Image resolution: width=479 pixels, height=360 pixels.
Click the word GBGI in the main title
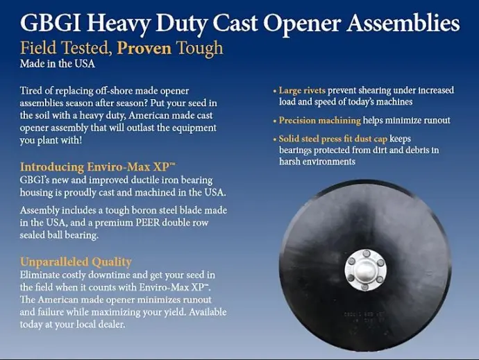(51, 23)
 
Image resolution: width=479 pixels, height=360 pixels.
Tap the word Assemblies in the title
(403, 23)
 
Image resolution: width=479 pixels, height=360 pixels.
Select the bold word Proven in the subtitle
(144, 49)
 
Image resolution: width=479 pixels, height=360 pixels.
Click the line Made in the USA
(58, 64)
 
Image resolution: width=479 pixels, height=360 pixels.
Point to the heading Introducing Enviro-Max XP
(98, 166)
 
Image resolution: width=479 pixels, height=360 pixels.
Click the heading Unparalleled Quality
(76, 262)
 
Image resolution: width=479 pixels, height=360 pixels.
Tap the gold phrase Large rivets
(302, 90)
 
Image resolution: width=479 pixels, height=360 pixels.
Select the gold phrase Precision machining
(320, 120)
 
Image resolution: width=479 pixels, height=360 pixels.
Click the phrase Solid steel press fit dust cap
(333, 139)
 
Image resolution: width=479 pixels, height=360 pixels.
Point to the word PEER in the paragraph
(148, 222)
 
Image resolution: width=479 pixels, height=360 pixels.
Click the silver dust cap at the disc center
(366, 271)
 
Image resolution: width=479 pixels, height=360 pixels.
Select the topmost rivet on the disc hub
(367, 253)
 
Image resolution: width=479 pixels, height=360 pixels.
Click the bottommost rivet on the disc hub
(364, 286)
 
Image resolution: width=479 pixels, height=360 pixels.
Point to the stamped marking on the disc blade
(364, 318)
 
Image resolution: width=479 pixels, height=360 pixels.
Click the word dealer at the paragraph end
(112, 324)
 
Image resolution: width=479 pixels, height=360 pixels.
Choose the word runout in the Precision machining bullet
(436, 120)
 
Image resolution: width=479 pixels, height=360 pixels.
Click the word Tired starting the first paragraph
(30, 91)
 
